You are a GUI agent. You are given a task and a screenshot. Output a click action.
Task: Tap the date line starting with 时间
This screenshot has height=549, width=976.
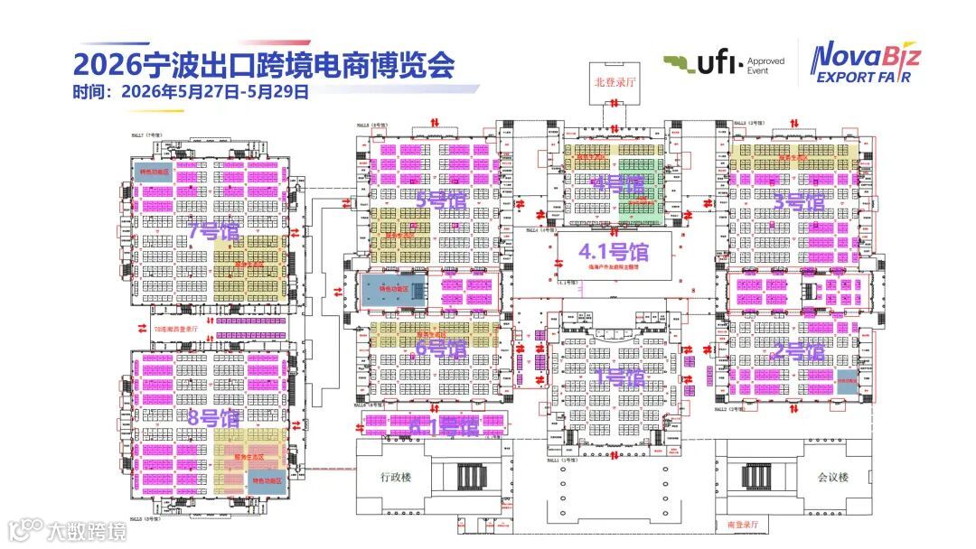(x=191, y=91)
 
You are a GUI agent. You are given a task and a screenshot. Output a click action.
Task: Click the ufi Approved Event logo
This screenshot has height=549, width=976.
(x=723, y=64)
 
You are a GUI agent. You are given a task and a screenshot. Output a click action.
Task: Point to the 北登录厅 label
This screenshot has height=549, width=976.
(x=611, y=81)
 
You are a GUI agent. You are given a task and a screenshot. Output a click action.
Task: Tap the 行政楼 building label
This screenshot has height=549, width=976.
(x=395, y=476)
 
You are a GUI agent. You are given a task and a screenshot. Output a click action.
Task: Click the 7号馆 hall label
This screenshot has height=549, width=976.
(x=213, y=231)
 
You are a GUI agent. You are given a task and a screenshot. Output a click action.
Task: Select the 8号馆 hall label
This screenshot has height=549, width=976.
(x=213, y=418)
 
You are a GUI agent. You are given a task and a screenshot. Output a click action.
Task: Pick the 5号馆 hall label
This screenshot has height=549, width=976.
(x=440, y=200)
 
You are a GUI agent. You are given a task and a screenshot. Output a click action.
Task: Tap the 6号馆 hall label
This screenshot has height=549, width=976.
(x=440, y=347)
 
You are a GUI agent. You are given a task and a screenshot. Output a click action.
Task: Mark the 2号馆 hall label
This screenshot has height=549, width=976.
(x=798, y=352)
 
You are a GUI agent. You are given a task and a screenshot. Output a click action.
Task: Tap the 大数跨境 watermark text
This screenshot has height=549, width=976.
(x=87, y=531)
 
